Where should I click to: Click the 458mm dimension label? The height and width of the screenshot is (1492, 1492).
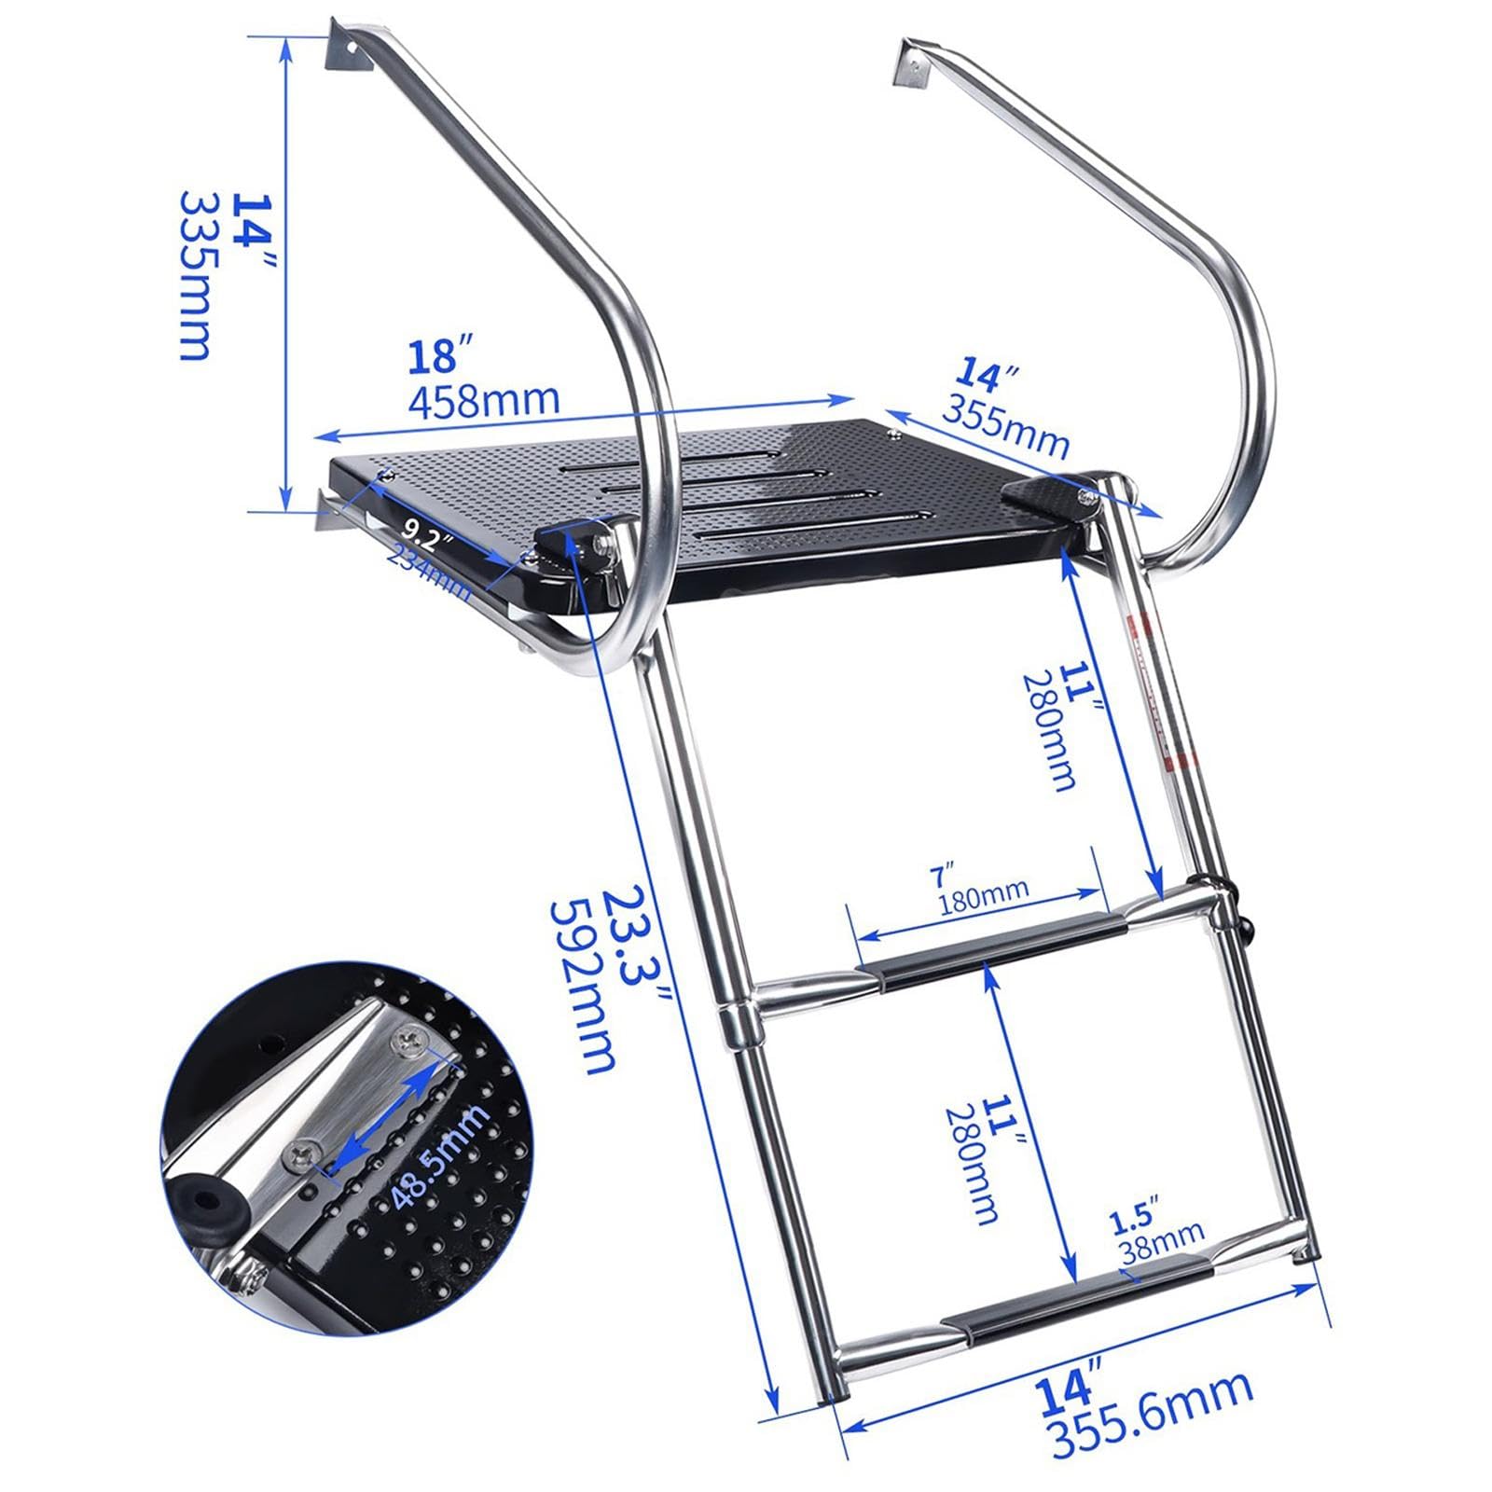(x=484, y=398)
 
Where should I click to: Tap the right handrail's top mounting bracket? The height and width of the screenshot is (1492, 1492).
(x=914, y=67)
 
